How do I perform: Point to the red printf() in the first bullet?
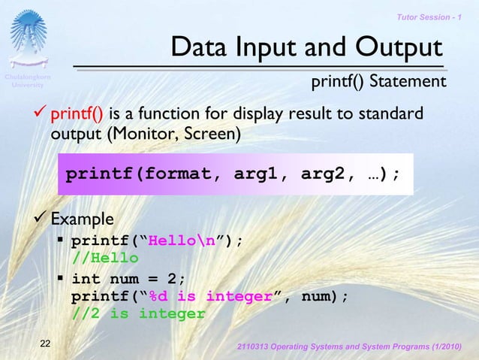click(x=76, y=115)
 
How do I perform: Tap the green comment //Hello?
click(x=105, y=258)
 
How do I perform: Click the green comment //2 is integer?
click(x=138, y=313)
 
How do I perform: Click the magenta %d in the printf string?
click(x=158, y=296)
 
